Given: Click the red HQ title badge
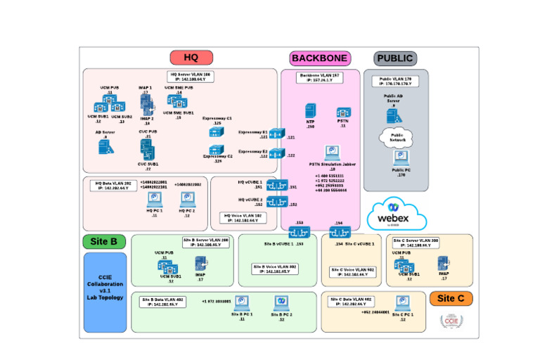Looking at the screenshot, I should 191,58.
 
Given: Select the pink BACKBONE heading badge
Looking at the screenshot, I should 320,58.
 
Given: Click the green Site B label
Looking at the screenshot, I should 105,242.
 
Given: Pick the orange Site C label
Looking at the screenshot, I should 451,298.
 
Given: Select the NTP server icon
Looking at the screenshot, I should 310,110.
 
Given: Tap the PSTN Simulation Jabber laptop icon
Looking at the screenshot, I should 332,153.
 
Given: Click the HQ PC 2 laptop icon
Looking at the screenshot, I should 187,200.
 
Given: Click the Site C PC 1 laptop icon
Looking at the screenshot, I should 402,304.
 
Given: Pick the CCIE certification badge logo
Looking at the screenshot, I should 449,320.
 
